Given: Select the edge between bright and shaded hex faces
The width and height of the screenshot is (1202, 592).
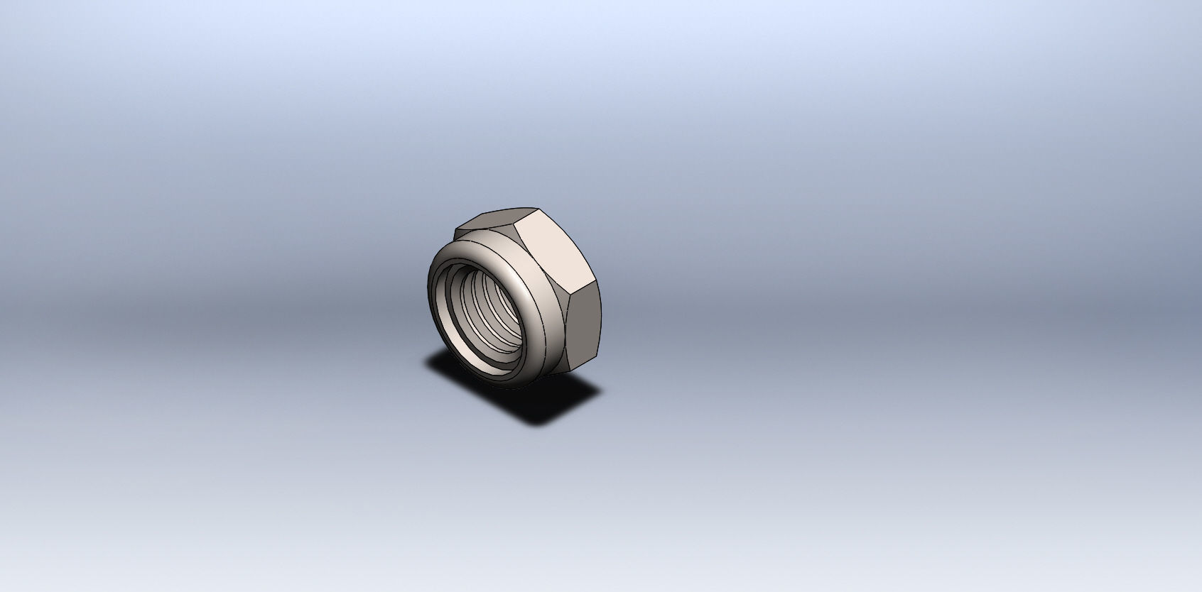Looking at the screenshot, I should [584, 287].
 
